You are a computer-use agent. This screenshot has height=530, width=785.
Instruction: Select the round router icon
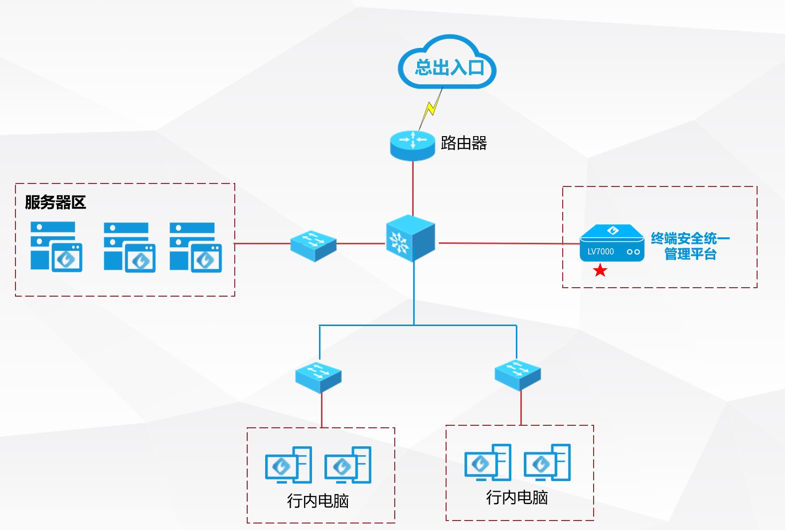412,145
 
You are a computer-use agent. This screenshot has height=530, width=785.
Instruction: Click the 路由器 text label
464,143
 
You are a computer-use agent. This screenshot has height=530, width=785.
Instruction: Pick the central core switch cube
410,238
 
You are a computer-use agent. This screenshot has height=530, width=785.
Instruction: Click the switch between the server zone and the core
314,245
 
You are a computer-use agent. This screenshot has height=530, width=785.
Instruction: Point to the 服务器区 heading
55,202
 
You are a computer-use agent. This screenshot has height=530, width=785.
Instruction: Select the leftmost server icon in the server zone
56,247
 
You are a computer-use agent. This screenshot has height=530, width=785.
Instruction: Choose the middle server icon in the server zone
129,247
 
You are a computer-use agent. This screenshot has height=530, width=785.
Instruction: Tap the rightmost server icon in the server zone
195,247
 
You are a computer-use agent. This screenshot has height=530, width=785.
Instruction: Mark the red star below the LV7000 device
600,271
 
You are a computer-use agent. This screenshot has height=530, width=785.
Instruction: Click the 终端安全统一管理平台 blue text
690,246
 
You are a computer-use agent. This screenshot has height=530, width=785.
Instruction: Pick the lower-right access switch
517,374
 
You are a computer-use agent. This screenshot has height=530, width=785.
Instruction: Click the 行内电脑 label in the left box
317,501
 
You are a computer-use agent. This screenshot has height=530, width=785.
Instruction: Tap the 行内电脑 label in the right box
517,497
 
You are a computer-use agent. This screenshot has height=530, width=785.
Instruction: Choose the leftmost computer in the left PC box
288,465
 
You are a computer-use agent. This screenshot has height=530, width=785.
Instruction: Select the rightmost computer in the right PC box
547,462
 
